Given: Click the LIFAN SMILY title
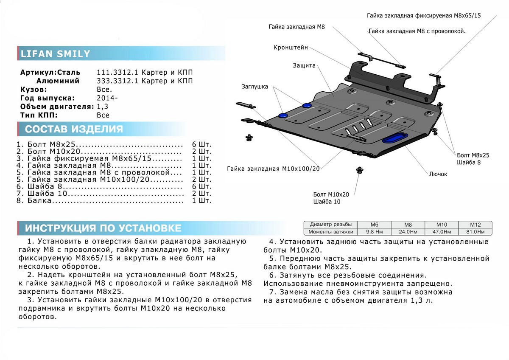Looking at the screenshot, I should click(56, 54).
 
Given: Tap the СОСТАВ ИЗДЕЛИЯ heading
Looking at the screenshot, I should click(74, 129).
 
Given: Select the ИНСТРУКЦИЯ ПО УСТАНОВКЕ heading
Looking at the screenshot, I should click(103, 228).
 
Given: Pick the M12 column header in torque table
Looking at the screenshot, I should click(475, 225).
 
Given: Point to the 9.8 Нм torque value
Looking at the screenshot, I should click(375, 232).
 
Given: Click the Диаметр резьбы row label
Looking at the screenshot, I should click(330, 225).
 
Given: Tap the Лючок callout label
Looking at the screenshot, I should click(438, 174).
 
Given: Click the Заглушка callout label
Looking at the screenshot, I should click(255, 87).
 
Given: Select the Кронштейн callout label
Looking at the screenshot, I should click(291, 48).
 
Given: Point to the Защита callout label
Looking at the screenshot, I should click(304, 66).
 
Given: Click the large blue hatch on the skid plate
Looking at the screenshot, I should click(395, 138).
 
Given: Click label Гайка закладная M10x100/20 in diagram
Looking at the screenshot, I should click(273, 169).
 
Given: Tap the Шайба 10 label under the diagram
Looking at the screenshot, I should click(327, 202).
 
